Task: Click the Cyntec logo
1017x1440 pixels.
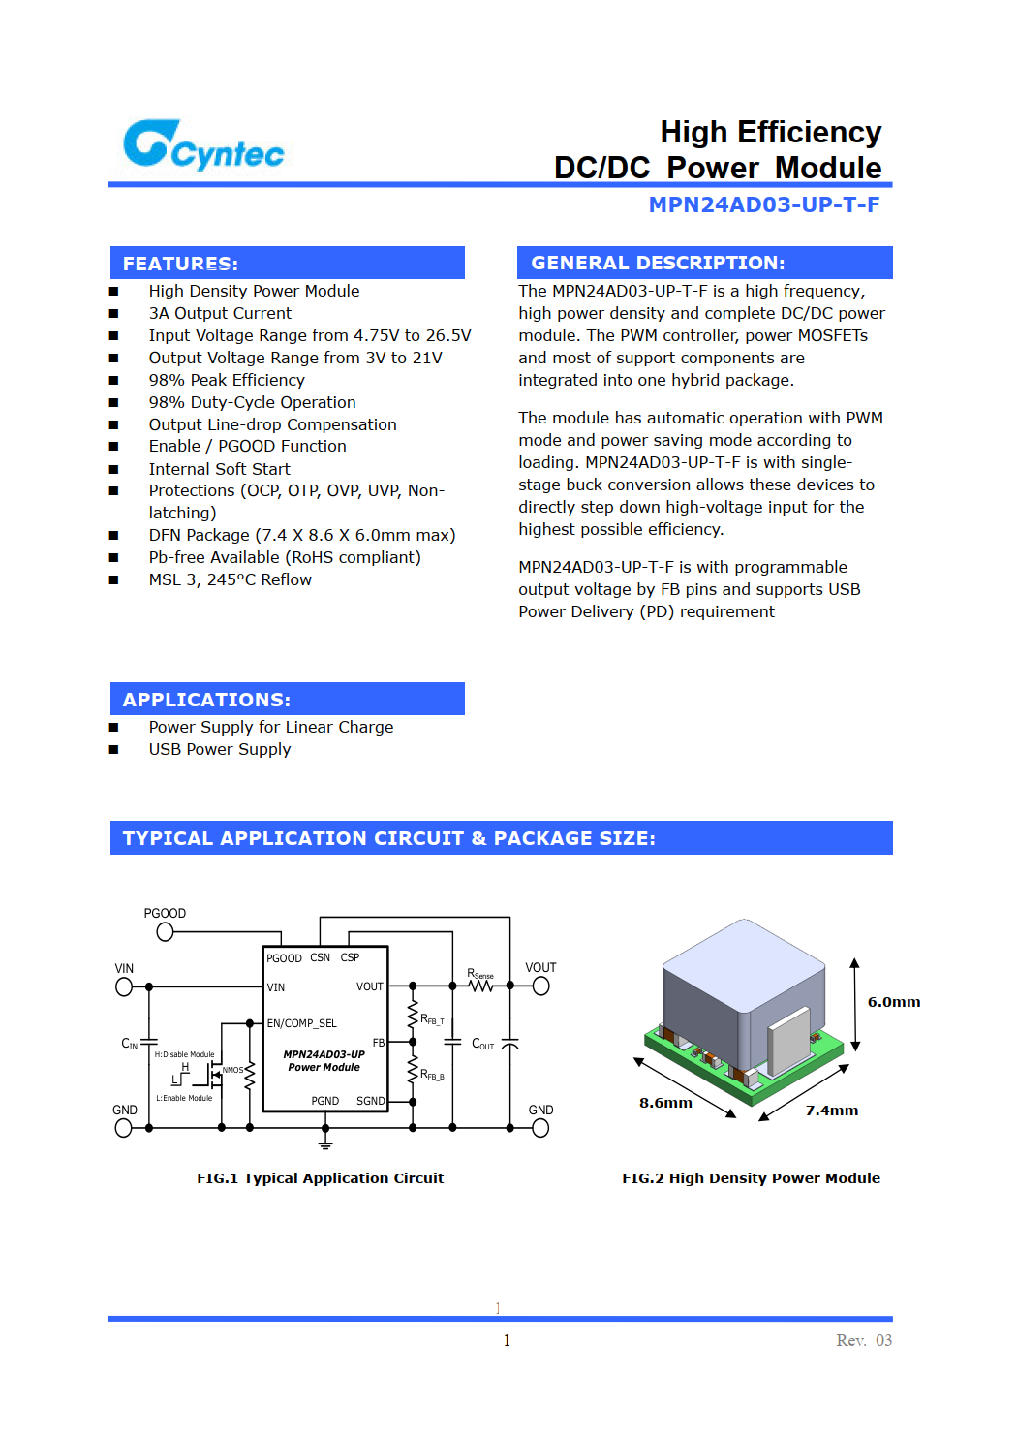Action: point(203,145)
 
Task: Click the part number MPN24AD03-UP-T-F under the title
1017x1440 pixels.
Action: point(763,204)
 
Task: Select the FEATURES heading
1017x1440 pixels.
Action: point(180,264)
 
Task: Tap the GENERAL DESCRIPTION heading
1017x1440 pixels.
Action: point(658,263)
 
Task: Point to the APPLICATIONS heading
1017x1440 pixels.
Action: point(206,700)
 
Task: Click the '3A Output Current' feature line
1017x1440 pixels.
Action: point(220,313)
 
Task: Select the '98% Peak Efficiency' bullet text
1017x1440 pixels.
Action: point(227,380)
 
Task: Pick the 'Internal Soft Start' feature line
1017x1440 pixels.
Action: point(219,469)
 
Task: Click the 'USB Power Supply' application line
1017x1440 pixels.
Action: point(220,749)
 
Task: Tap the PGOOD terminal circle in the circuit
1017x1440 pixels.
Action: point(165,932)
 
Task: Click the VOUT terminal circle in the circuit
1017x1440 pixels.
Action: point(540,986)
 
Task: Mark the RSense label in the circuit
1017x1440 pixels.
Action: point(480,974)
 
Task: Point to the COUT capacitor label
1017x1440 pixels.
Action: point(482,1044)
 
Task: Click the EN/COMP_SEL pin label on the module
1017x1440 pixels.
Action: point(302,1023)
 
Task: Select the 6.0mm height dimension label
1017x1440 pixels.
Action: point(893,1002)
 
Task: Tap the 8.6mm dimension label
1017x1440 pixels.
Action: point(665,1103)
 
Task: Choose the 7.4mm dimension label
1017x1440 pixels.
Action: point(832,1111)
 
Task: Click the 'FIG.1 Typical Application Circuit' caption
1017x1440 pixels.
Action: point(320,1178)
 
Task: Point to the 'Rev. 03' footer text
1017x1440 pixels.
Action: point(864,1340)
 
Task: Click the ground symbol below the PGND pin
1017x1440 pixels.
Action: point(325,1144)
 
